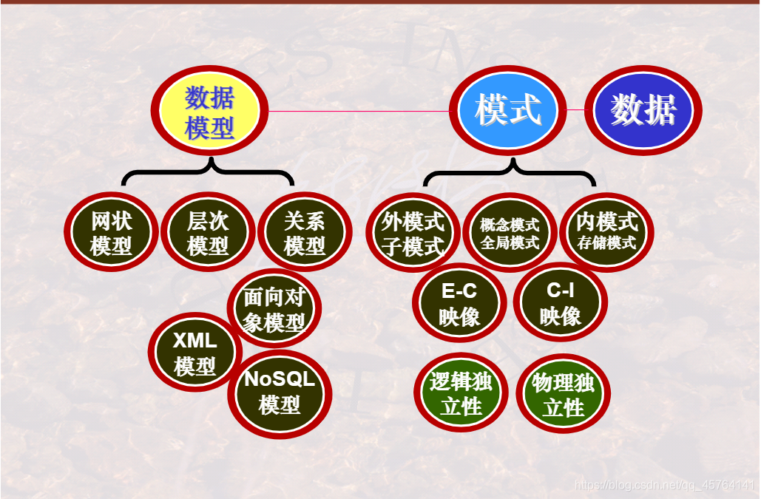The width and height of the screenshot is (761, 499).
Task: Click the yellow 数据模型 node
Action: (x=210, y=112)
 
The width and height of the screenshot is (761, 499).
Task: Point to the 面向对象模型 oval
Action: (x=274, y=310)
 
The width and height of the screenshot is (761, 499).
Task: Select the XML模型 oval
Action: (x=195, y=353)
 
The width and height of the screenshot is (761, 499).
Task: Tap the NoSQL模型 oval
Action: (x=280, y=393)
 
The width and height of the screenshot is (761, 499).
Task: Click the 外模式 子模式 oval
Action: (x=413, y=233)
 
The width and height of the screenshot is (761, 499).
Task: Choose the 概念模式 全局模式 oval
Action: (x=510, y=233)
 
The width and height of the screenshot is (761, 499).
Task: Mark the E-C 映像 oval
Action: (x=459, y=304)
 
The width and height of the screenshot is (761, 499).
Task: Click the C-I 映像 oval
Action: (x=560, y=303)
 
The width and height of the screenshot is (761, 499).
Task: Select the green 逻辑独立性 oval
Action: (x=461, y=393)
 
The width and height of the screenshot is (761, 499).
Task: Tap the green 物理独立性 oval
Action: (x=563, y=394)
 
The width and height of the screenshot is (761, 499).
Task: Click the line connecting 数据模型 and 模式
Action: (x=355, y=112)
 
